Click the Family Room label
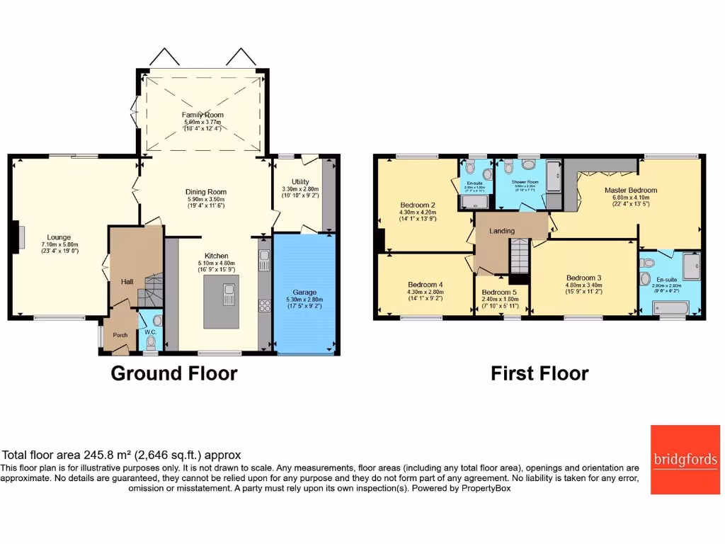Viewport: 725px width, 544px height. point(202,115)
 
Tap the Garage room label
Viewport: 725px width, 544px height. point(305,292)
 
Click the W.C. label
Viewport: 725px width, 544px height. point(149,331)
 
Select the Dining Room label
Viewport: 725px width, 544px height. point(205,192)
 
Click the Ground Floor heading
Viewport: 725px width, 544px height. point(173,373)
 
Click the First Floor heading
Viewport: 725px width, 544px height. point(540,373)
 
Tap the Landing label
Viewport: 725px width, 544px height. point(503,231)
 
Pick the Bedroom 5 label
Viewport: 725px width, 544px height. point(499,293)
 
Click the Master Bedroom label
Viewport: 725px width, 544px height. point(630,190)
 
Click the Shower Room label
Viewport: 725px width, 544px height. point(525,181)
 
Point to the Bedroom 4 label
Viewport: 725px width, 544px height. point(425,285)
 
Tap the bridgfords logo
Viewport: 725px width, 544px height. point(685,460)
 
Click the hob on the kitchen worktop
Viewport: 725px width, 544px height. point(266,305)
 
